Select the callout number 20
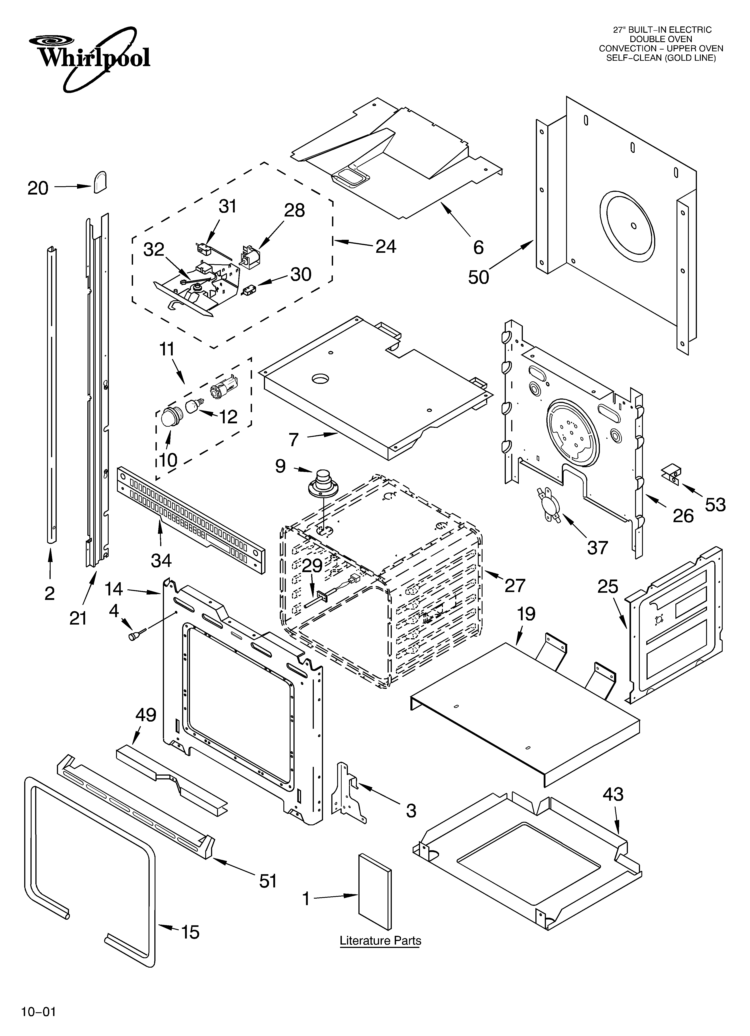point(38,188)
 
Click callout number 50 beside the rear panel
point(478,277)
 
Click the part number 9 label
point(280,466)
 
